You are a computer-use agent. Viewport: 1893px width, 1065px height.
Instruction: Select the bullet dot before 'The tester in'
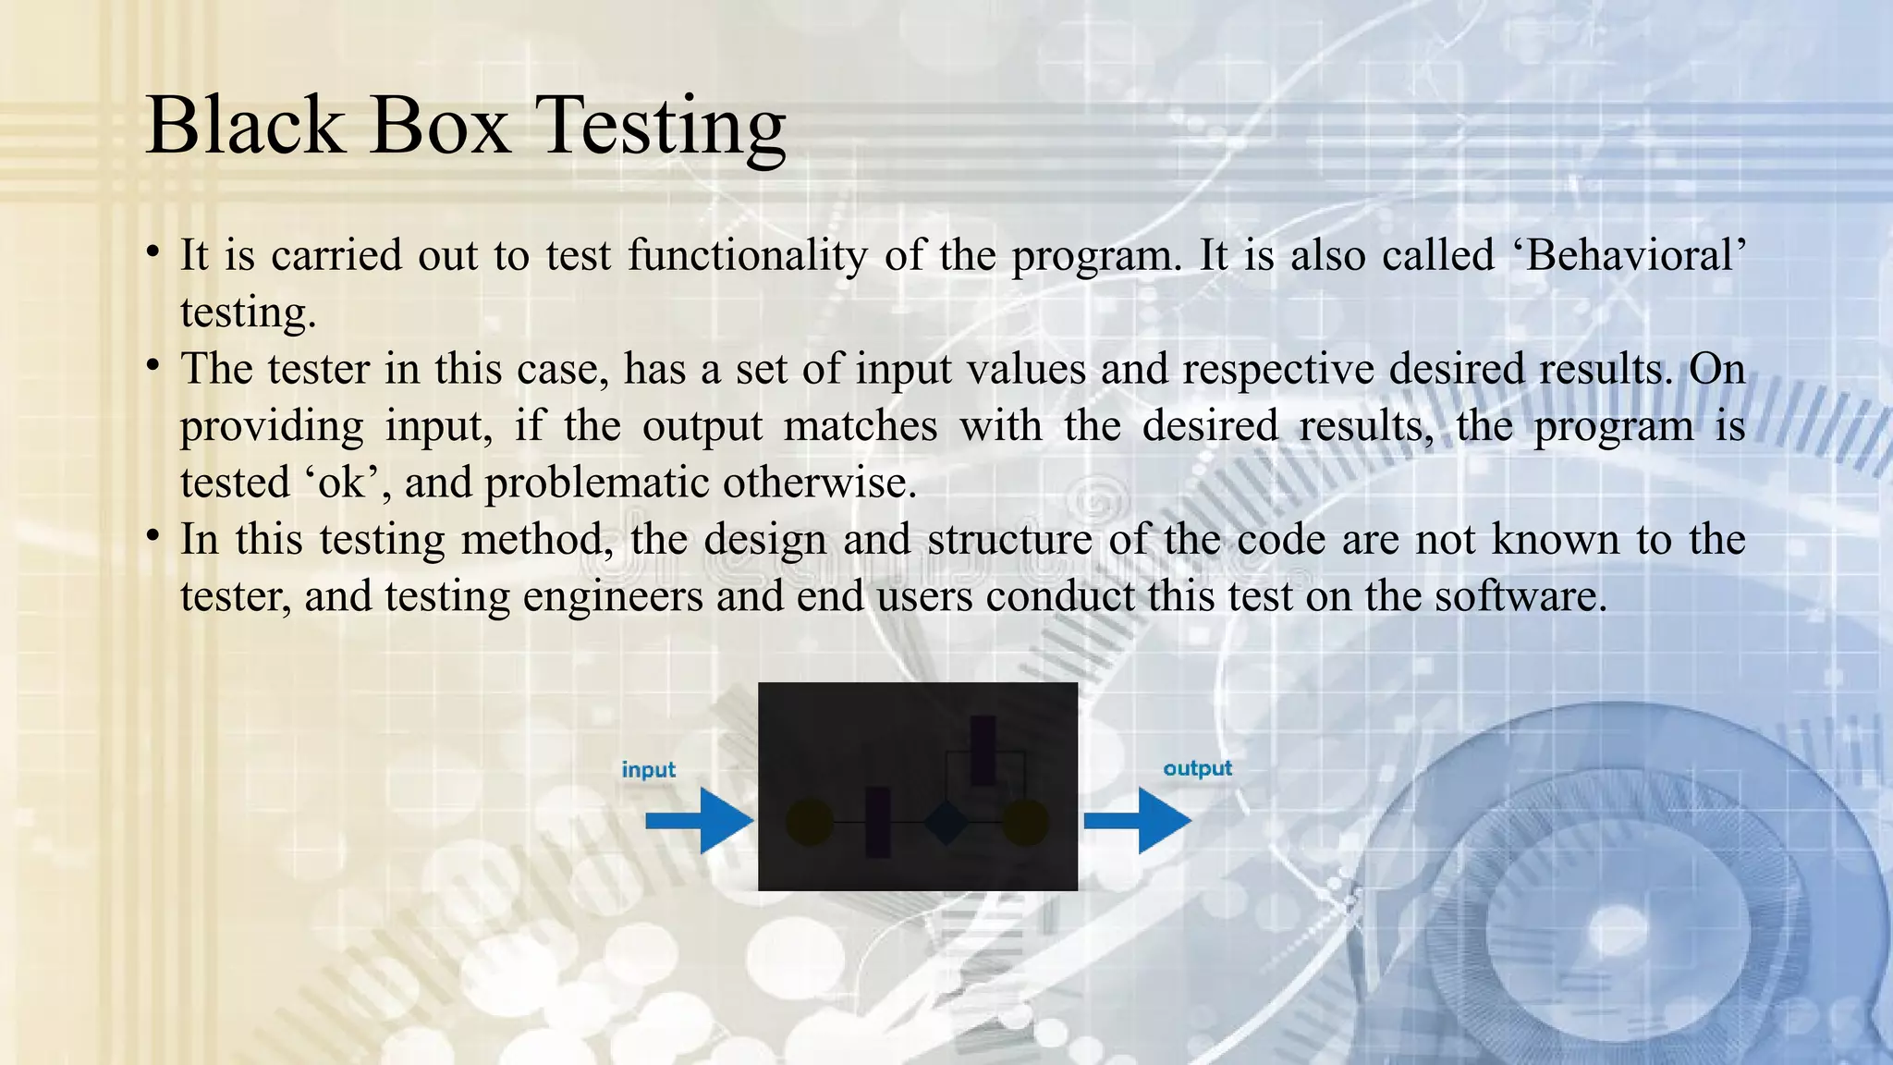point(153,365)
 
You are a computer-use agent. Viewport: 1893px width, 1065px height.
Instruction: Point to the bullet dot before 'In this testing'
point(153,535)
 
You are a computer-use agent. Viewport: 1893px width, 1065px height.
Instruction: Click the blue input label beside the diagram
point(648,769)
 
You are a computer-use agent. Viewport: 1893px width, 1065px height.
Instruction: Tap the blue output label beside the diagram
point(1197,768)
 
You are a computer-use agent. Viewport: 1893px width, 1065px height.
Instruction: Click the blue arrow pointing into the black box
point(699,821)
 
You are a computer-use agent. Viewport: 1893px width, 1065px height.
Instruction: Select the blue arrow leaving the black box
point(1137,820)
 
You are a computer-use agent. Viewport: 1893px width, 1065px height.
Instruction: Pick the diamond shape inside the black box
point(946,822)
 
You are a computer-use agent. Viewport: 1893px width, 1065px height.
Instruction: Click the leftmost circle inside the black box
point(809,823)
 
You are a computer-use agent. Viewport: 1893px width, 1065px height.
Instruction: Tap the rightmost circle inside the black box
point(1024,823)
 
